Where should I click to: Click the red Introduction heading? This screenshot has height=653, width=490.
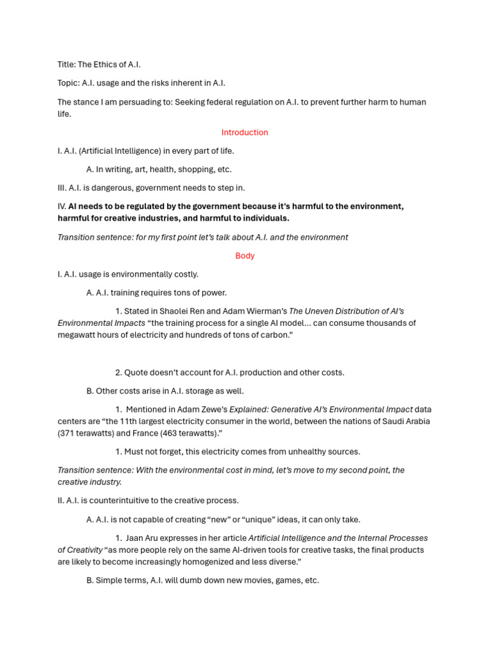click(244, 133)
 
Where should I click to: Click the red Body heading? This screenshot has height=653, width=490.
click(244, 256)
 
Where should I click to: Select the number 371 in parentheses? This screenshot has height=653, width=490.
click(69, 433)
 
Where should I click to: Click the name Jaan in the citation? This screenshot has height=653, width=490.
click(136, 538)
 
